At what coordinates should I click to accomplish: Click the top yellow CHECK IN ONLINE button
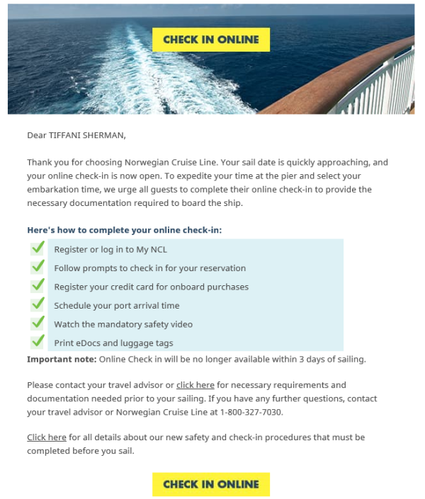(x=211, y=40)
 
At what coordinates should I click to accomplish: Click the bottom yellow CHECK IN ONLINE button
(x=211, y=484)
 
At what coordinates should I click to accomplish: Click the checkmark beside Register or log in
(x=38, y=248)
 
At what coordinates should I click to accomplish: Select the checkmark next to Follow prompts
(x=38, y=268)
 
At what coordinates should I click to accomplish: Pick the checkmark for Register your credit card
(x=38, y=286)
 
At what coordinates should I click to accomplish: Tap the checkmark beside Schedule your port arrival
(x=38, y=304)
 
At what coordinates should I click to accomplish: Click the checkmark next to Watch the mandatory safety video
(x=38, y=323)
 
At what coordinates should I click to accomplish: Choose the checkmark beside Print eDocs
(x=38, y=342)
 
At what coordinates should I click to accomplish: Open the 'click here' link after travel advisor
(x=195, y=385)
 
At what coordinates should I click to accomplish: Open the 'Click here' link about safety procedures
(x=47, y=437)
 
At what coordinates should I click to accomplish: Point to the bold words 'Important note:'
(x=61, y=360)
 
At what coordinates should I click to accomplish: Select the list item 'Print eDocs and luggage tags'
(x=113, y=343)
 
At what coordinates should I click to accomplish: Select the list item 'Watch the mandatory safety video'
(x=123, y=324)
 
